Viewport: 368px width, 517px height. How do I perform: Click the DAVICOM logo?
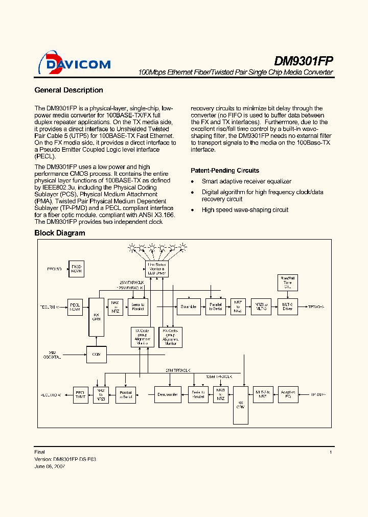pos(75,64)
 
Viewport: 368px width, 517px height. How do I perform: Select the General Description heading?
pos(68,90)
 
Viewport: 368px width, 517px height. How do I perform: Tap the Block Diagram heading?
pos(59,233)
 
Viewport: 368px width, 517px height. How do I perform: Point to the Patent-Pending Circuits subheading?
pos(224,171)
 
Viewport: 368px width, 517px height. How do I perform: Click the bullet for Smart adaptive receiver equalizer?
pos(192,182)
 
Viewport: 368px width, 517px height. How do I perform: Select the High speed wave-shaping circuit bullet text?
pos(245,210)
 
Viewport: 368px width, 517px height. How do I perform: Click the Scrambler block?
pos(188,307)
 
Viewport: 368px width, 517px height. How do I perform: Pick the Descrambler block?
pos(167,394)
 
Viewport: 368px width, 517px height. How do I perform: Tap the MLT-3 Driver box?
pos(287,307)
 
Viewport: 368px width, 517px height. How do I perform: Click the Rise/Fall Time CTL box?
pos(287,282)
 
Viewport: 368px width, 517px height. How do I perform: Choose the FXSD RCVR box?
pos(76,268)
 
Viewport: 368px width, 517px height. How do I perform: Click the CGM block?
pos(96,354)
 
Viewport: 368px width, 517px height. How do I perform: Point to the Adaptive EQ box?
pos(288,394)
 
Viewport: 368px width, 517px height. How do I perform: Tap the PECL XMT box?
pos(80,394)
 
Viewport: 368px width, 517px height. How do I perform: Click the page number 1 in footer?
pos(331,452)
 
